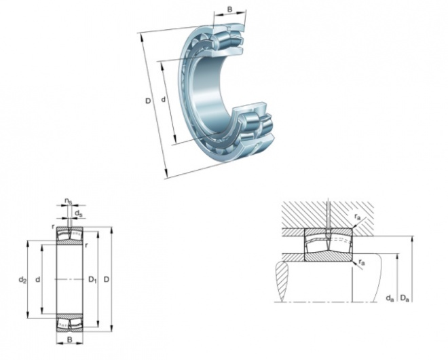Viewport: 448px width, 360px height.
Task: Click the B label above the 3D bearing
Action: click(x=229, y=10)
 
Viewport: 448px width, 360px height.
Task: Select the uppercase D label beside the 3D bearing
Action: click(x=148, y=101)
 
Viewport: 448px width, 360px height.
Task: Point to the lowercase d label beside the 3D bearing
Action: click(x=164, y=99)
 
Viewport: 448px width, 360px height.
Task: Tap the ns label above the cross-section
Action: click(x=68, y=202)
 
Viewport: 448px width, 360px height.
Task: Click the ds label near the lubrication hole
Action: click(x=78, y=213)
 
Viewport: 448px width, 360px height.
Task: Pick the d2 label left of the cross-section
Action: click(x=22, y=280)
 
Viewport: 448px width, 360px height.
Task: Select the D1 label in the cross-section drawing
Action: click(x=92, y=279)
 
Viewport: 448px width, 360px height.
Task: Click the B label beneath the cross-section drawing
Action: click(x=69, y=340)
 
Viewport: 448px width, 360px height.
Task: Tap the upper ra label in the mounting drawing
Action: click(x=358, y=217)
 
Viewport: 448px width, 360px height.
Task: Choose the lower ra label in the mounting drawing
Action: click(x=362, y=262)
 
